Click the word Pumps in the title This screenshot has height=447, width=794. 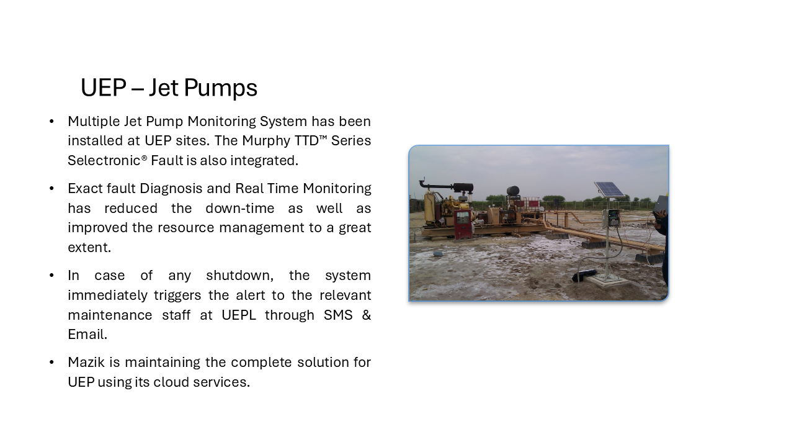(x=220, y=88)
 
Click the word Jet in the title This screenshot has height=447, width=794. (x=163, y=88)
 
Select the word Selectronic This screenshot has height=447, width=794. (x=104, y=160)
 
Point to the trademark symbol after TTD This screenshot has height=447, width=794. (x=323, y=137)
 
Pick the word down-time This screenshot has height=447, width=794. (x=240, y=208)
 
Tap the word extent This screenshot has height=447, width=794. (x=89, y=248)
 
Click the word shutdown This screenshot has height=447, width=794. (x=239, y=276)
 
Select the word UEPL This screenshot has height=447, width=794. (x=239, y=315)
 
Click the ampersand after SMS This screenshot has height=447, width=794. (x=366, y=315)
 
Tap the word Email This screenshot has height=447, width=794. (x=87, y=335)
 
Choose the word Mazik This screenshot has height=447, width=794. (x=86, y=363)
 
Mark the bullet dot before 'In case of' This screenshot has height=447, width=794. (x=51, y=276)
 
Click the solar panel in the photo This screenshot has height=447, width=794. (x=610, y=189)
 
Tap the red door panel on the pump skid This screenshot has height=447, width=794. (x=463, y=224)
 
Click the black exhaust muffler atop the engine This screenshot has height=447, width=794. (x=463, y=187)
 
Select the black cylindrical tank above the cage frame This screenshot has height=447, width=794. (x=513, y=191)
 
